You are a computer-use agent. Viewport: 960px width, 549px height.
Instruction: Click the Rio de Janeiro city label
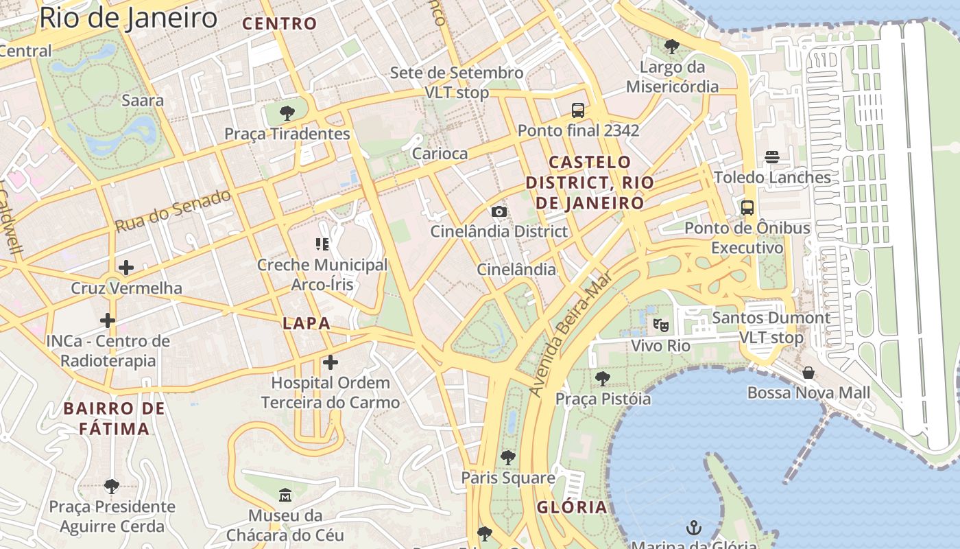coord(128,18)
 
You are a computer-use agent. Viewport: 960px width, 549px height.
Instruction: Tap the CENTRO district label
coord(280,24)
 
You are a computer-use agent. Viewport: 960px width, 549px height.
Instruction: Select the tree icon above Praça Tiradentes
coord(287,113)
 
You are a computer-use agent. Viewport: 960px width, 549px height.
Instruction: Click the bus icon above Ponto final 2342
coord(578,110)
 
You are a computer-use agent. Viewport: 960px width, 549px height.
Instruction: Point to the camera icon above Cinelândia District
coord(499,211)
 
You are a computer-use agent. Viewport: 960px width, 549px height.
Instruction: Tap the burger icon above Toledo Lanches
coord(772,157)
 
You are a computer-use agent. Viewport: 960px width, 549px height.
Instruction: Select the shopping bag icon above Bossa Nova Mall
coord(808,373)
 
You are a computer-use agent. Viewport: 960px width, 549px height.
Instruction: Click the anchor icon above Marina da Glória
coord(694,528)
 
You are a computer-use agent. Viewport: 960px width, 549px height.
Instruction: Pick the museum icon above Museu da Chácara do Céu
coord(285,495)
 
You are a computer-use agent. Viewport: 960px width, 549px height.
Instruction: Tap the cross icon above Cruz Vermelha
coord(126,267)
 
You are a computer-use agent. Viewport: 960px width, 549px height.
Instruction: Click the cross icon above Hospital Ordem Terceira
coord(331,362)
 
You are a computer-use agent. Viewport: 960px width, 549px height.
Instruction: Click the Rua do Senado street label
coord(173,211)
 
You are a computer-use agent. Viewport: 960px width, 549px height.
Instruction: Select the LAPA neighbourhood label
coord(307,323)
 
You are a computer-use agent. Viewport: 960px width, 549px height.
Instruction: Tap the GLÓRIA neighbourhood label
coord(572,507)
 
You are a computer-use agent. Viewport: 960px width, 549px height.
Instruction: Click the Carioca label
coord(440,154)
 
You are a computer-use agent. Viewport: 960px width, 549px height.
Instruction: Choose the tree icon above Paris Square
coord(507,457)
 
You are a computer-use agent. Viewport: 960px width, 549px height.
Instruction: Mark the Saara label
coord(143,100)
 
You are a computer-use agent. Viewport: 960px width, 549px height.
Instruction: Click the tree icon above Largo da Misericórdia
coord(672,47)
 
